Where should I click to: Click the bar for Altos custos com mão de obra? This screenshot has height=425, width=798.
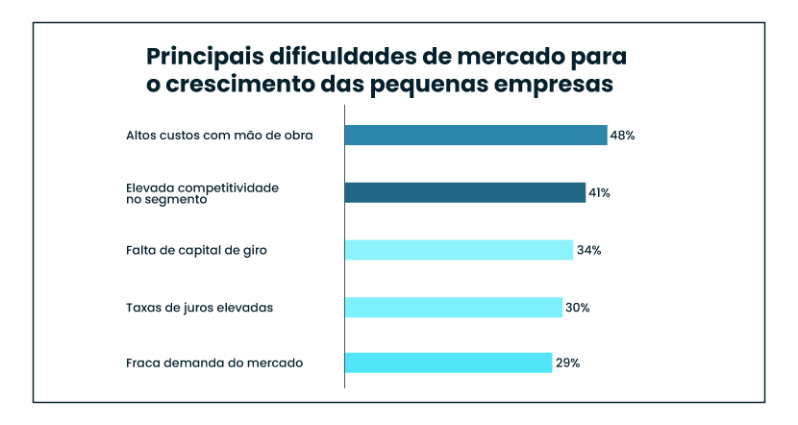coord(476,136)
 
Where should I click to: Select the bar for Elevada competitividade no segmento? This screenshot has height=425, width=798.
coord(465,192)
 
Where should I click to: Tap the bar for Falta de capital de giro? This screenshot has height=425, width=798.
coord(459,250)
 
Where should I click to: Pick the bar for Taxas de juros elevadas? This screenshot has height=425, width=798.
coord(454,308)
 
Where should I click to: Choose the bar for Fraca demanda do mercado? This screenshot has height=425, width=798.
coord(448,362)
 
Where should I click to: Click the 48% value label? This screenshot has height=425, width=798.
coord(622,136)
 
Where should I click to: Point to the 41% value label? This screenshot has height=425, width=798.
coord(599,193)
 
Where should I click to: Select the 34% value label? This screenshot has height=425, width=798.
coord(588,250)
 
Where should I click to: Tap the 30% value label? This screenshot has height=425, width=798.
coord(577,308)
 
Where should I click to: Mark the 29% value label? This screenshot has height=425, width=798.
coord(566,363)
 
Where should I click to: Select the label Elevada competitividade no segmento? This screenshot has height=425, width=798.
coord(202,193)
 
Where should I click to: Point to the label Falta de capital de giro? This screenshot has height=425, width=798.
coord(195,250)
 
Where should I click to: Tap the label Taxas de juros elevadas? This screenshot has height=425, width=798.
coord(200,308)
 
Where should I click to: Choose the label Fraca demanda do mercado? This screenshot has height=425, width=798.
coord(214,363)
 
